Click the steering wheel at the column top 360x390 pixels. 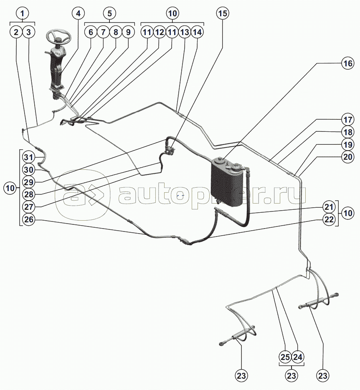[x=58, y=35]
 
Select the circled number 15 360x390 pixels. [x=223, y=13]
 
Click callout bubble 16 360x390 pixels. [x=347, y=63]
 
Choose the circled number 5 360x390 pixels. [x=109, y=13]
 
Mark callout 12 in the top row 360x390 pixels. [x=159, y=32]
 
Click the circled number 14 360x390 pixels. [x=198, y=32]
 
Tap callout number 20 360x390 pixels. [x=347, y=157]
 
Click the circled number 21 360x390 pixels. [x=329, y=206]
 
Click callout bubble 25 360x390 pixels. [x=285, y=357]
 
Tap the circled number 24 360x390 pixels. [x=297, y=357]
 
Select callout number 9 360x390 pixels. [x=128, y=32]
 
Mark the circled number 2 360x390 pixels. [x=16, y=32]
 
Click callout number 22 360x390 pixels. [x=329, y=219]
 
